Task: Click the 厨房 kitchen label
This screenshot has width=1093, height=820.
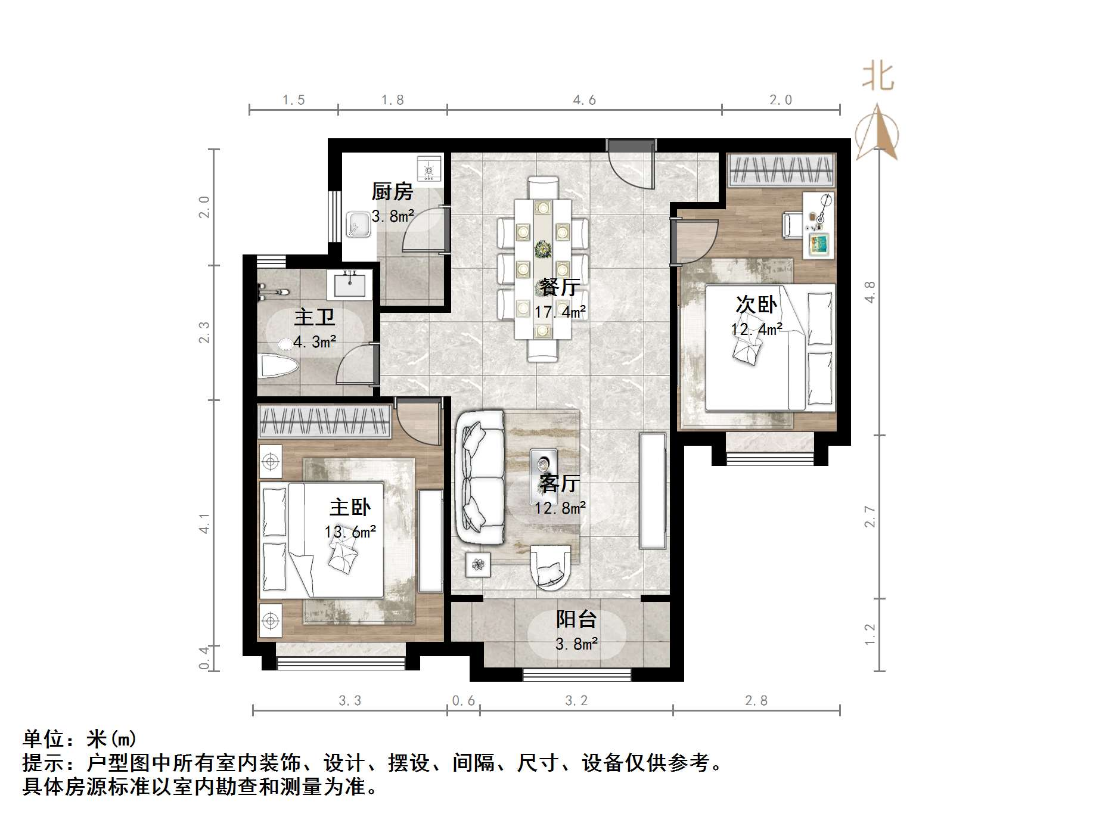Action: tap(392, 192)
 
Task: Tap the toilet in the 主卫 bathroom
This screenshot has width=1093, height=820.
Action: tap(277, 365)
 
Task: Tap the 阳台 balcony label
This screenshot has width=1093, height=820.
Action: tap(576, 619)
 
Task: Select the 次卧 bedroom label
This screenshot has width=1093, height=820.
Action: tap(756, 305)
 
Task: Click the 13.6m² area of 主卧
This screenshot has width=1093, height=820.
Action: tap(350, 532)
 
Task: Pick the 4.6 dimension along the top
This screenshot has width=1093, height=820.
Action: tap(584, 100)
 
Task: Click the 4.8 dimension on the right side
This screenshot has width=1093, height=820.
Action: tap(870, 292)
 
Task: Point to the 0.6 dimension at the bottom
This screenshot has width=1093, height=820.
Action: tap(463, 701)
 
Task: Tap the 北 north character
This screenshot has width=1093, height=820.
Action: tap(878, 77)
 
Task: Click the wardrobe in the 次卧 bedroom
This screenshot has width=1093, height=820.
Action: tap(781, 169)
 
